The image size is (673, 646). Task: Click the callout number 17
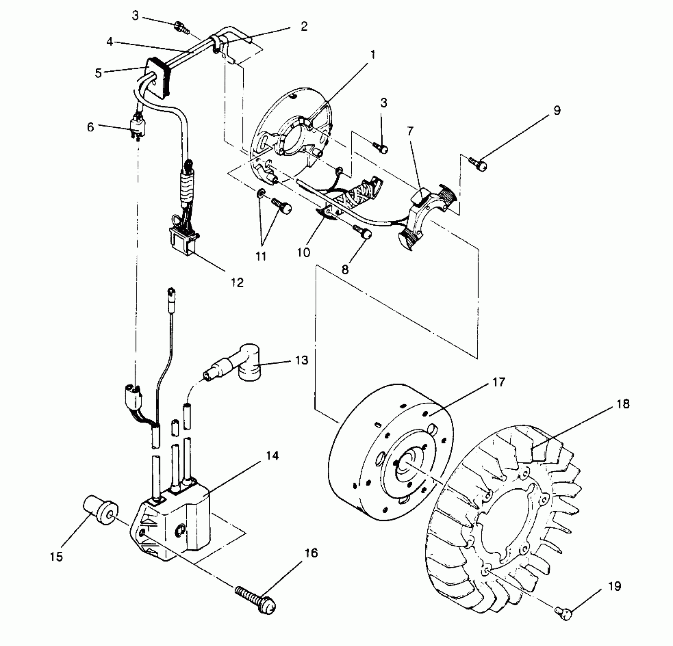[x=498, y=382]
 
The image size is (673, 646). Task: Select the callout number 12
[x=237, y=282]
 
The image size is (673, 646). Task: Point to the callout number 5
[x=98, y=73]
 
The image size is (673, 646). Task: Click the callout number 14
[x=273, y=456]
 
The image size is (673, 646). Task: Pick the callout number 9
[x=557, y=111]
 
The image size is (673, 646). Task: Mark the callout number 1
[x=373, y=55]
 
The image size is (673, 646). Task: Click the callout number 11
[x=261, y=256]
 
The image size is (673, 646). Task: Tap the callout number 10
[x=303, y=252]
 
